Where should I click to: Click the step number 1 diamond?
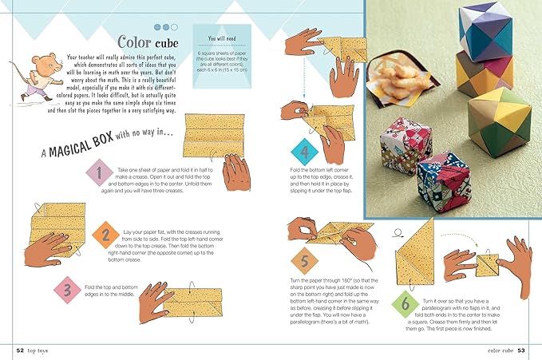coord(98,175)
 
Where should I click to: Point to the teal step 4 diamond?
coord(304,150)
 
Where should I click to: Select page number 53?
coord(520,350)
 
